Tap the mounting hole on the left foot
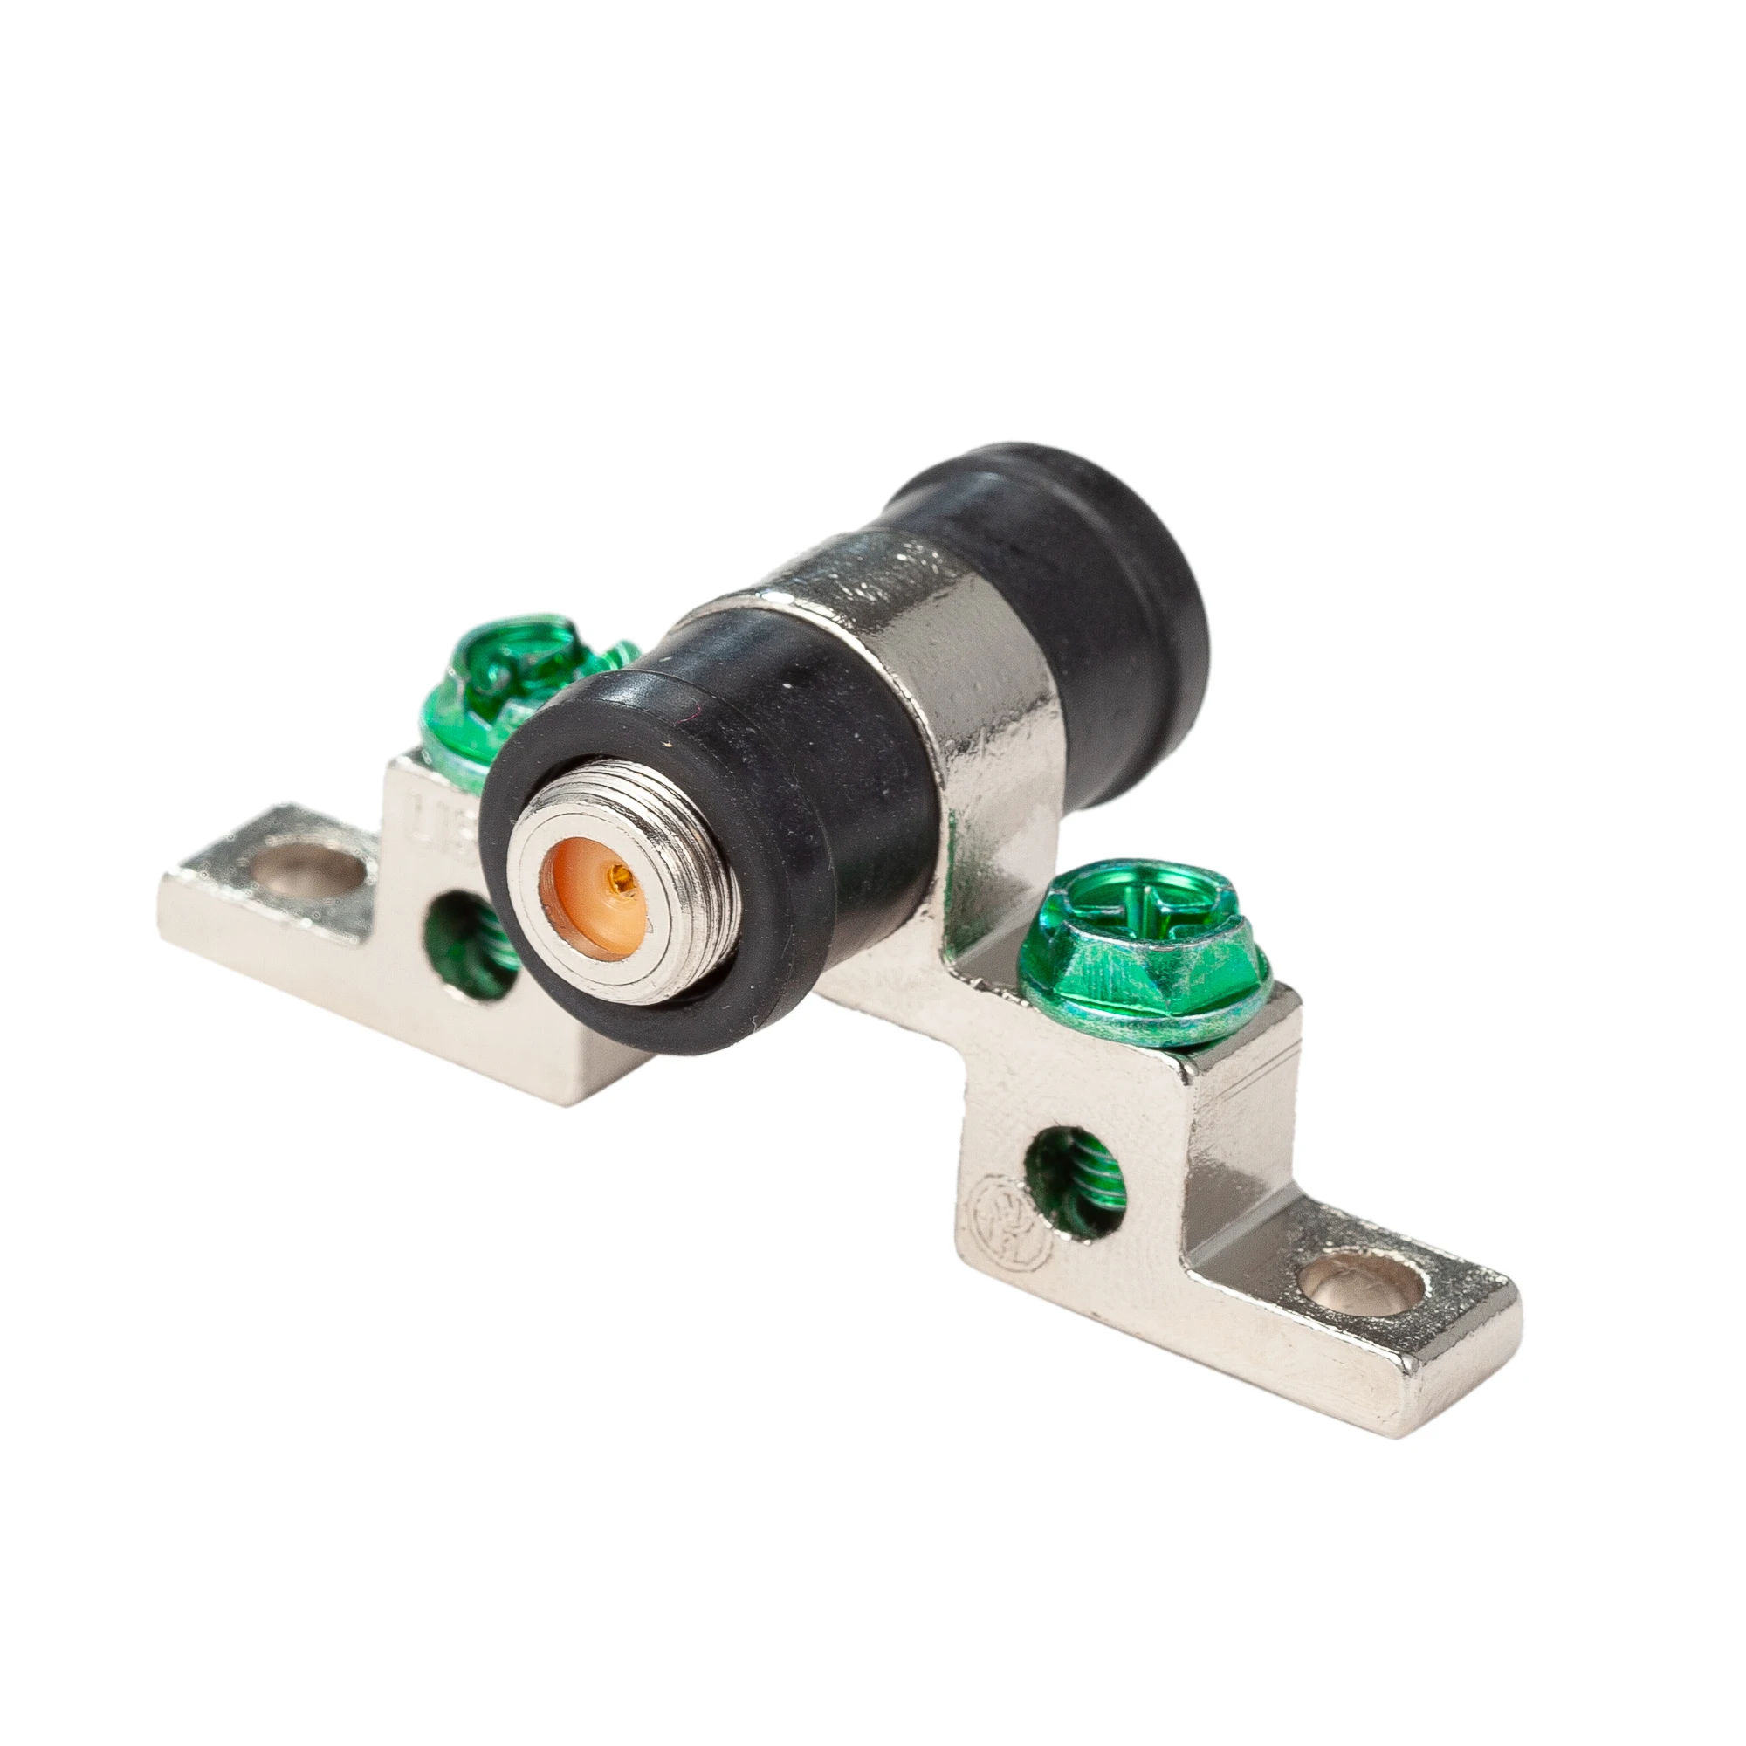tap(307, 868)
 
